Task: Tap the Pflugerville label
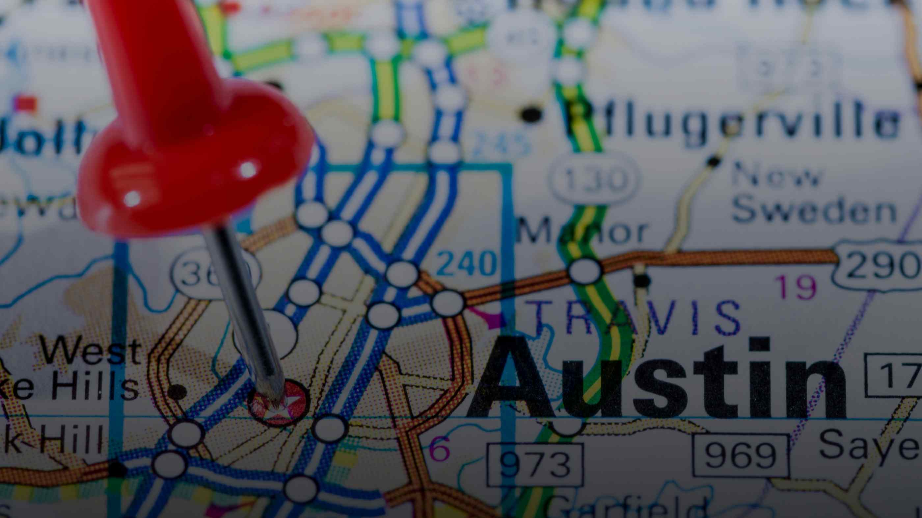730,122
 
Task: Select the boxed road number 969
741,455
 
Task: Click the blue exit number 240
467,263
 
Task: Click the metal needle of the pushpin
247,315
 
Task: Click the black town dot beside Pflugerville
531,114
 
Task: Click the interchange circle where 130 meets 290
585,271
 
